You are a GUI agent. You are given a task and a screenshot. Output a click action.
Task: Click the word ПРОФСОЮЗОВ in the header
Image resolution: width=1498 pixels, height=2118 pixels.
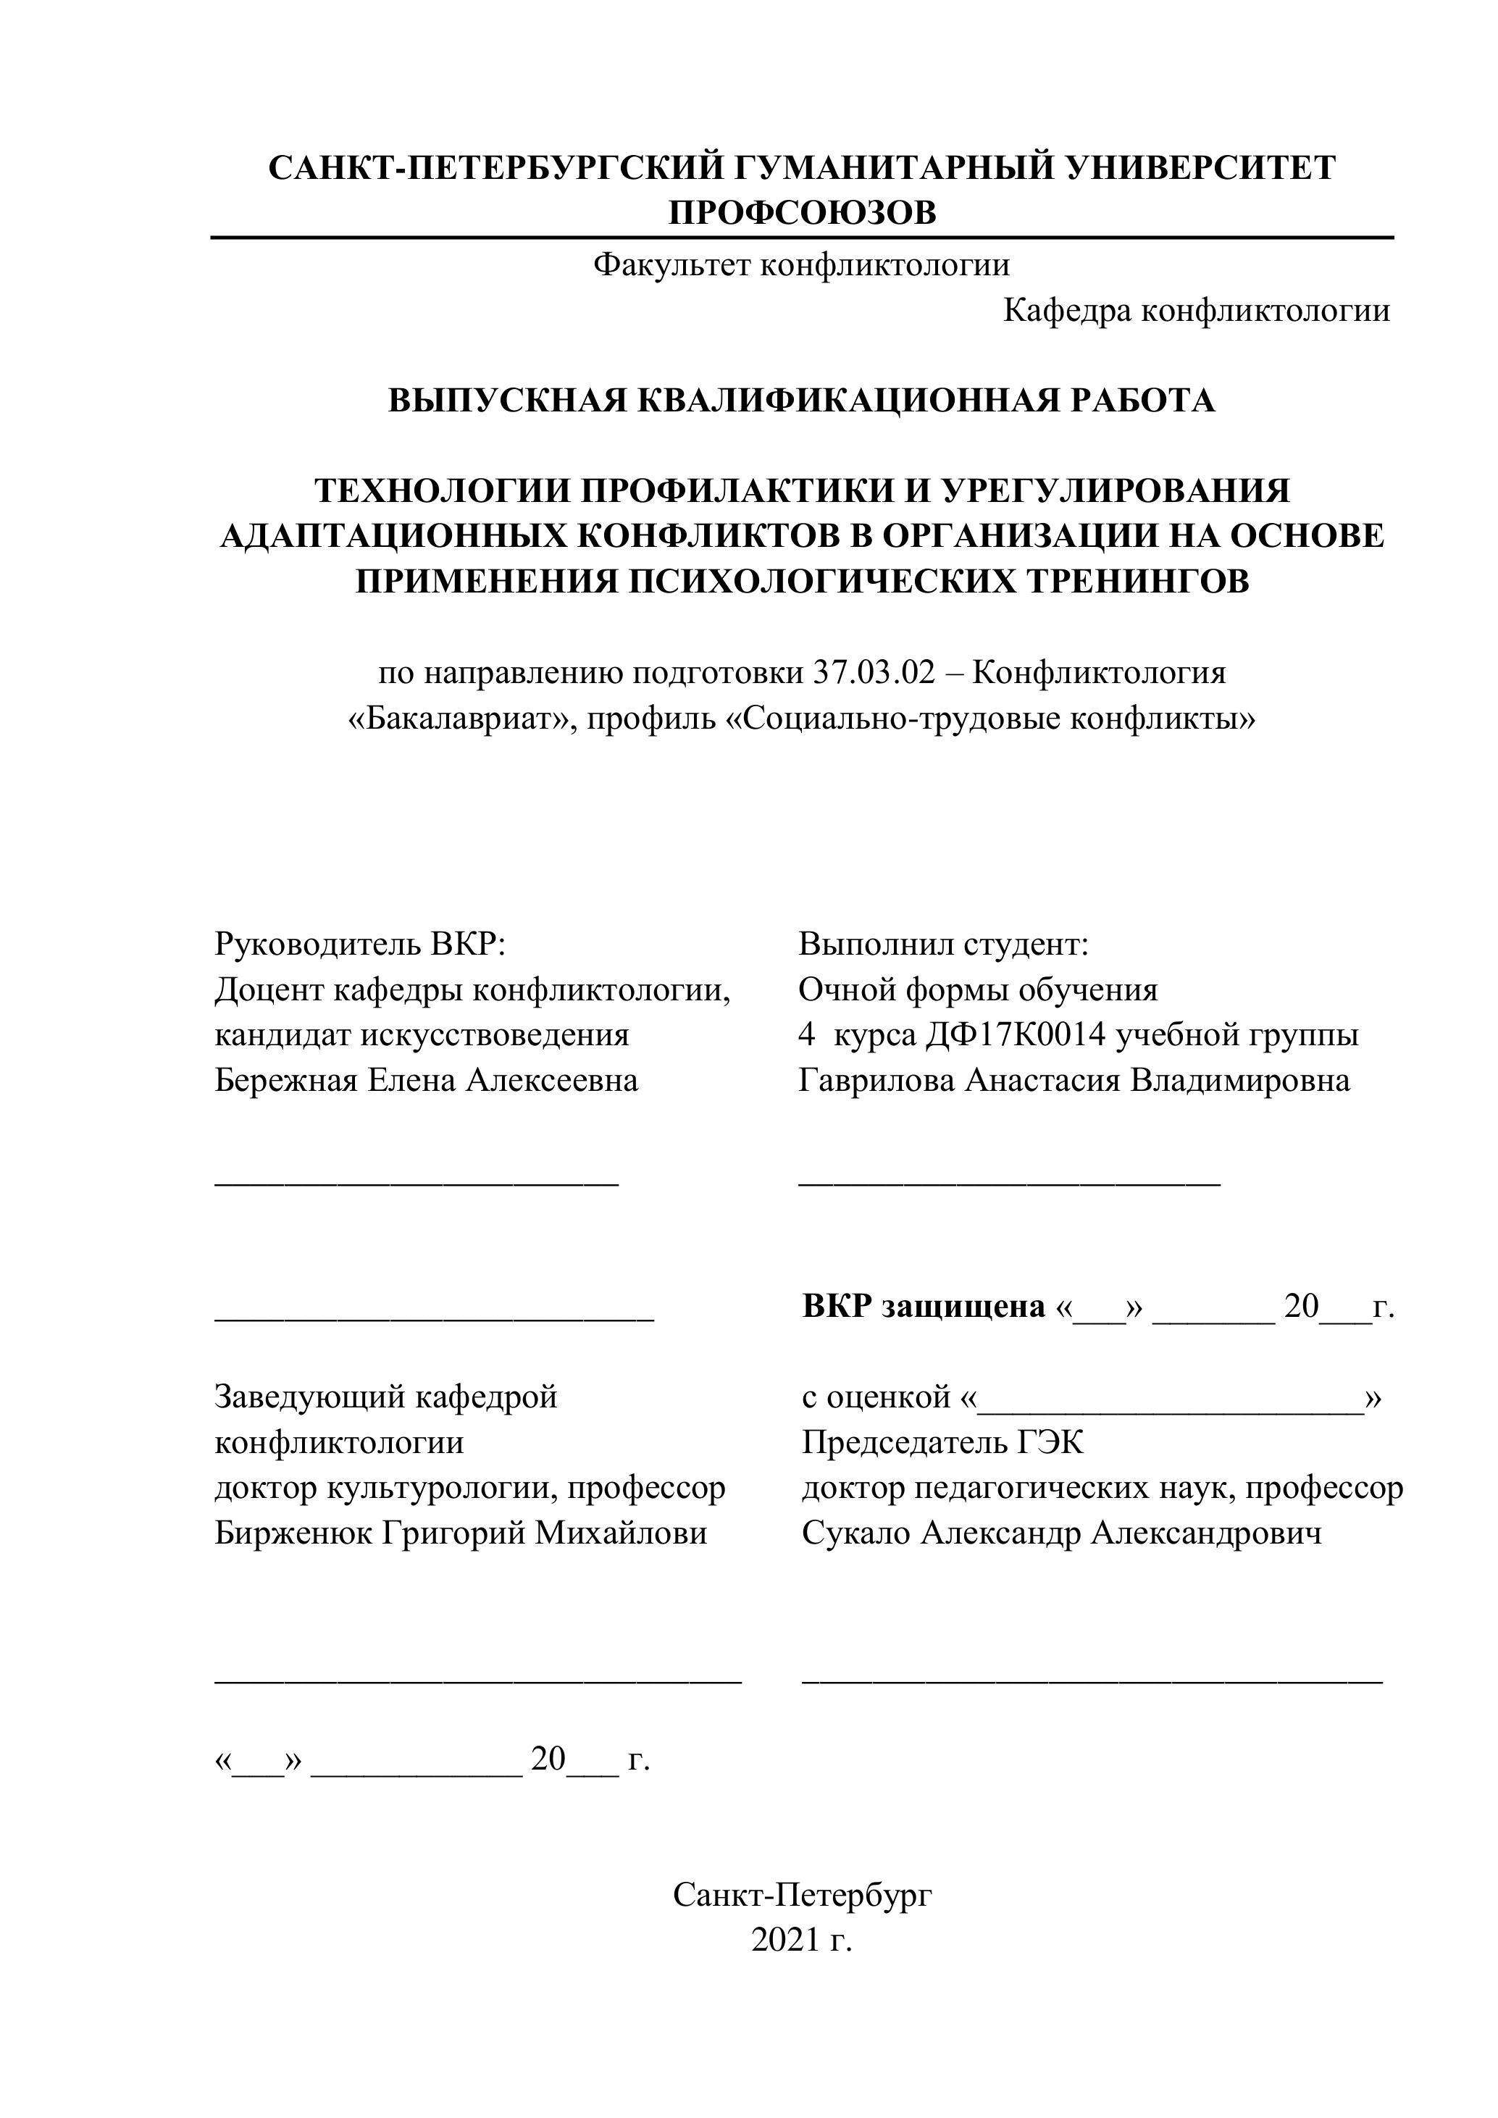[802, 213]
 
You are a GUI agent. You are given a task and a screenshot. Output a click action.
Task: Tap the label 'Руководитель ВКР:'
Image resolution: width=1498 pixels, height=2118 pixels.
[361, 944]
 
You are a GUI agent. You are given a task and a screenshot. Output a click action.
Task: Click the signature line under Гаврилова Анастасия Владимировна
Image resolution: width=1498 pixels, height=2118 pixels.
[1009, 1183]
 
